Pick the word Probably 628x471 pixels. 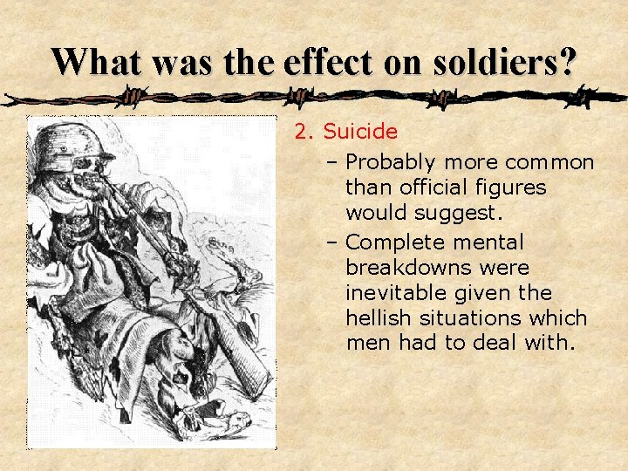pos(392,162)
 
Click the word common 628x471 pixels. pos(550,162)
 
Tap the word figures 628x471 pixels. pos(515,187)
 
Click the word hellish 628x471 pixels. pos(377,317)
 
